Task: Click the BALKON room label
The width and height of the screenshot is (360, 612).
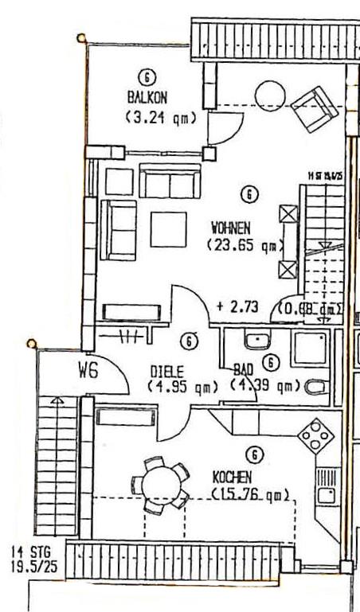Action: pyautogui.click(x=146, y=98)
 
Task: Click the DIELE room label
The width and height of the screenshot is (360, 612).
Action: pyautogui.click(x=168, y=371)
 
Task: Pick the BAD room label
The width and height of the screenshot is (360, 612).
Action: pyautogui.click(x=243, y=371)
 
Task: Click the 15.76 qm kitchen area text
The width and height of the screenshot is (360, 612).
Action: pyautogui.click(x=250, y=495)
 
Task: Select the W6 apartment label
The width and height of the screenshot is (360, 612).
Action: pyautogui.click(x=88, y=370)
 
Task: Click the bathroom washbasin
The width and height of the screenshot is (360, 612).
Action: pyautogui.click(x=256, y=342)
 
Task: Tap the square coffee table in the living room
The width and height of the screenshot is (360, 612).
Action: pyautogui.click(x=168, y=228)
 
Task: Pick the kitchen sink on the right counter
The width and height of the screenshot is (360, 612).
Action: pyautogui.click(x=326, y=486)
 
